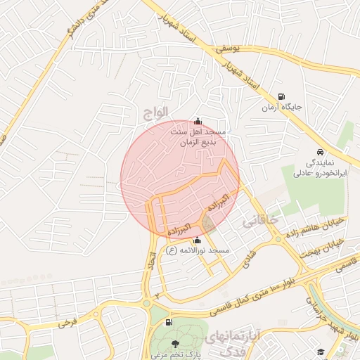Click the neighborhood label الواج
tap(156, 110)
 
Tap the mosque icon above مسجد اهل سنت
tap(197, 120)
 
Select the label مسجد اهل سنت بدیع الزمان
tap(198, 136)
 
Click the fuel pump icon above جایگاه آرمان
tap(281, 97)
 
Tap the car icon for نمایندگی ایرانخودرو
tap(320, 151)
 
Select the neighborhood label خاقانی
tap(260, 221)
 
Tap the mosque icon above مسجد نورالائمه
tap(196, 241)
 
